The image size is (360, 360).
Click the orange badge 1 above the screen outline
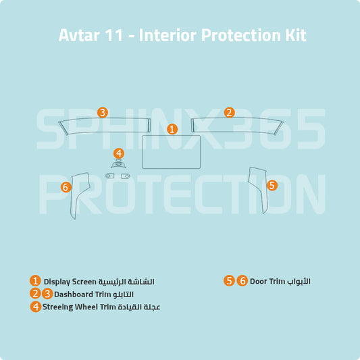click(x=172, y=128)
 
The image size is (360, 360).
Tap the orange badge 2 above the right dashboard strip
click(x=229, y=112)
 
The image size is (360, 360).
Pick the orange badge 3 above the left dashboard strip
click(x=102, y=112)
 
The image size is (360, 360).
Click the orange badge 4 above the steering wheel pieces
click(x=119, y=153)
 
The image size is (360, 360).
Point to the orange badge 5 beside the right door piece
click(x=272, y=184)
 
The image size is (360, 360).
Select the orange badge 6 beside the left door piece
click(x=66, y=187)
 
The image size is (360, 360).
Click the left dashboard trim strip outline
click(x=104, y=124)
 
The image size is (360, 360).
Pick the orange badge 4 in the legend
click(x=35, y=307)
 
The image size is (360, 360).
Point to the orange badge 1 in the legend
click(x=35, y=281)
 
